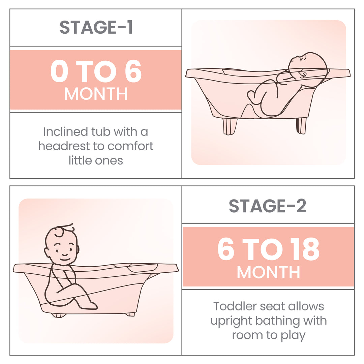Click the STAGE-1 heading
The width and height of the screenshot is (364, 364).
96,28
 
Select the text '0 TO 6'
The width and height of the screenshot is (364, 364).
96,71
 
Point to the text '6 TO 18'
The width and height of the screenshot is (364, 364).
268,250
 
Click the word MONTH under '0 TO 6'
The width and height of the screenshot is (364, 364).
96,94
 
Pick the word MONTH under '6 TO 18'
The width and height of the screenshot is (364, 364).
268,272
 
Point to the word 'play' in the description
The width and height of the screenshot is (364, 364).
292,335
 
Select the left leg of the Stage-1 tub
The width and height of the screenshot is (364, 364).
230,126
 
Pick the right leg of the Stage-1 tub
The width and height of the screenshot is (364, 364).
301,125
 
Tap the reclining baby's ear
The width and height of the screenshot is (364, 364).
303,75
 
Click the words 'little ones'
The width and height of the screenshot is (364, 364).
96,160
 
